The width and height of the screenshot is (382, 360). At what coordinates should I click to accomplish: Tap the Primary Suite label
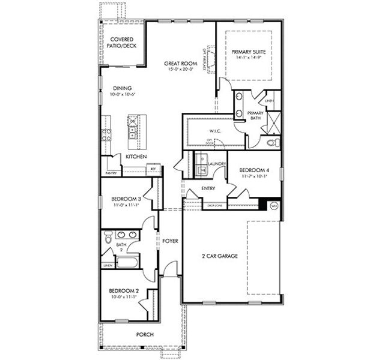click(x=249, y=52)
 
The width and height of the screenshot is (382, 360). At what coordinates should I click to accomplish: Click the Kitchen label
click(x=136, y=157)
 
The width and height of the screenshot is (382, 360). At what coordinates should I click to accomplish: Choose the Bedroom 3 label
click(x=126, y=199)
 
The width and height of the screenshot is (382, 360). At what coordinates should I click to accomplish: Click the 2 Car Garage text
click(x=219, y=256)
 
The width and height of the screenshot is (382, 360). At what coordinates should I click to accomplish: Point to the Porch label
click(x=145, y=334)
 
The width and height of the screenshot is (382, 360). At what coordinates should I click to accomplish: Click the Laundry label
click(x=216, y=164)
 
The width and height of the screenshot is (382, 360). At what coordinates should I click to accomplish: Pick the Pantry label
click(x=111, y=173)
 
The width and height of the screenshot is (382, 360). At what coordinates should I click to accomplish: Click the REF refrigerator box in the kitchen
click(x=153, y=169)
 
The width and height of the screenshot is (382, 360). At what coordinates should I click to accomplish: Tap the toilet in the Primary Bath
click(x=272, y=143)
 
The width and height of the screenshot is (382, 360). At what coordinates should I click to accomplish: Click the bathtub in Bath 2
click(x=127, y=262)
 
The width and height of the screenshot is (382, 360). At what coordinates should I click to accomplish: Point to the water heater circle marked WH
click(x=274, y=206)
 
